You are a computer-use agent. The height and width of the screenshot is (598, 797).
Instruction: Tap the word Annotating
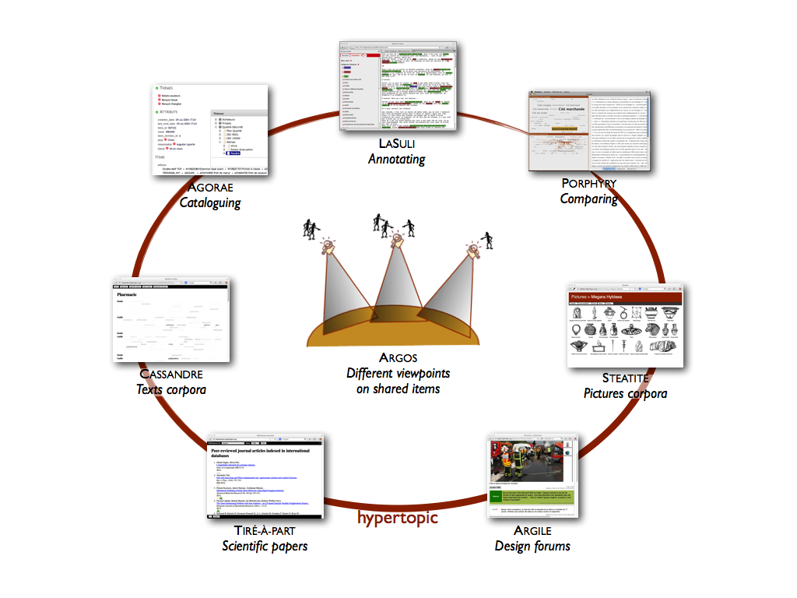(x=397, y=160)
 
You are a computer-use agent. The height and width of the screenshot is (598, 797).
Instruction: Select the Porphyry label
(x=588, y=183)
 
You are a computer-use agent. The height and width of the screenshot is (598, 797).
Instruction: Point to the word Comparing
(x=588, y=199)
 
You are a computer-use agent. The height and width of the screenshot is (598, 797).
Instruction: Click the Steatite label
(x=625, y=378)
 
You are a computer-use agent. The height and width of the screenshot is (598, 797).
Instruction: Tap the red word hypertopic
(x=398, y=517)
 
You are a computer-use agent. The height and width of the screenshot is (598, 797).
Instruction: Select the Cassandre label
(x=171, y=374)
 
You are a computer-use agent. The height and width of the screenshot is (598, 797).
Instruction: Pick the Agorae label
(x=210, y=188)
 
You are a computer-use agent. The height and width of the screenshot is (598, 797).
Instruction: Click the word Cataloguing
(x=210, y=203)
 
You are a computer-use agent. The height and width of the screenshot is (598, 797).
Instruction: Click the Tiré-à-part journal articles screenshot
(x=265, y=477)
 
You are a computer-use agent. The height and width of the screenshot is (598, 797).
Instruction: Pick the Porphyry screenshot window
(x=588, y=131)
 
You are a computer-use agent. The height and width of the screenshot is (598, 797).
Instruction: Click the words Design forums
(x=532, y=547)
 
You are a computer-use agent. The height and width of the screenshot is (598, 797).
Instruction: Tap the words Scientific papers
(x=265, y=547)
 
